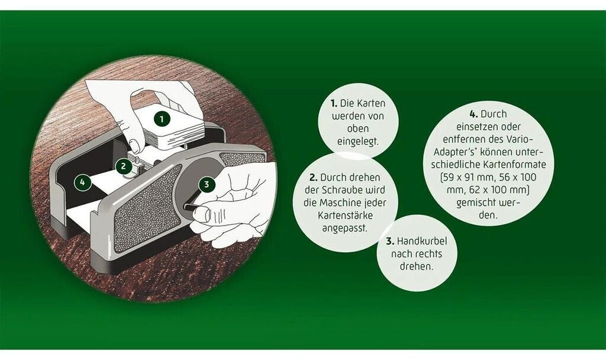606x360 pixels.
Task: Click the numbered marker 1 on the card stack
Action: tap(162, 118)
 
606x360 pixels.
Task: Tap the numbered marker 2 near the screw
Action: tap(123, 166)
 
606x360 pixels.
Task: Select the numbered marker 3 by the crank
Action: tap(207, 184)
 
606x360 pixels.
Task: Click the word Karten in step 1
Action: tap(370, 103)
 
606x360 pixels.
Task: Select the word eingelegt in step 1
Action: tap(358, 142)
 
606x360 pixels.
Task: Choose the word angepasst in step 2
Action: tap(345, 229)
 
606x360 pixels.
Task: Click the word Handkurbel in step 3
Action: tap(421, 242)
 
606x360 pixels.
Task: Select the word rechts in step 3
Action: tap(431, 254)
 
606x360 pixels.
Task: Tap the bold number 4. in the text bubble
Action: tap(474, 114)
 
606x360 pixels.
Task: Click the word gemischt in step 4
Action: tap(478, 203)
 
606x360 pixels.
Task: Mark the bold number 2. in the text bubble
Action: tap(313, 178)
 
